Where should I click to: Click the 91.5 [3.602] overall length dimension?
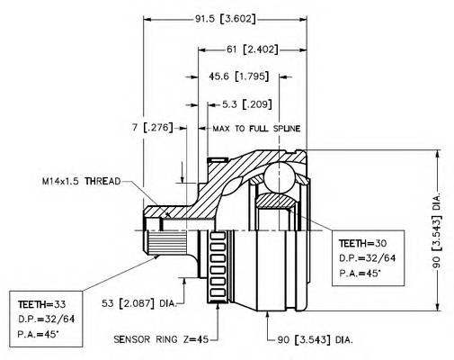coord(226,19)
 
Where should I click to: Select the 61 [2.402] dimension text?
coord(252,49)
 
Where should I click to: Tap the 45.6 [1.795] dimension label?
coord(238,76)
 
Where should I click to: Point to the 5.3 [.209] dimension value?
coord(247,104)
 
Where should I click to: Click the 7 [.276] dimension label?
coord(152,128)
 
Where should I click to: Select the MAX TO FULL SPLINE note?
coord(256,129)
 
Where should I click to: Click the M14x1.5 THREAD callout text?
coord(81,181)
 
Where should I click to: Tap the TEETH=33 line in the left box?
coord(41,304)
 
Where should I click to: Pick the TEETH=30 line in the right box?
coord(362,243)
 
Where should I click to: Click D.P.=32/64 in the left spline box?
coord(46,319)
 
